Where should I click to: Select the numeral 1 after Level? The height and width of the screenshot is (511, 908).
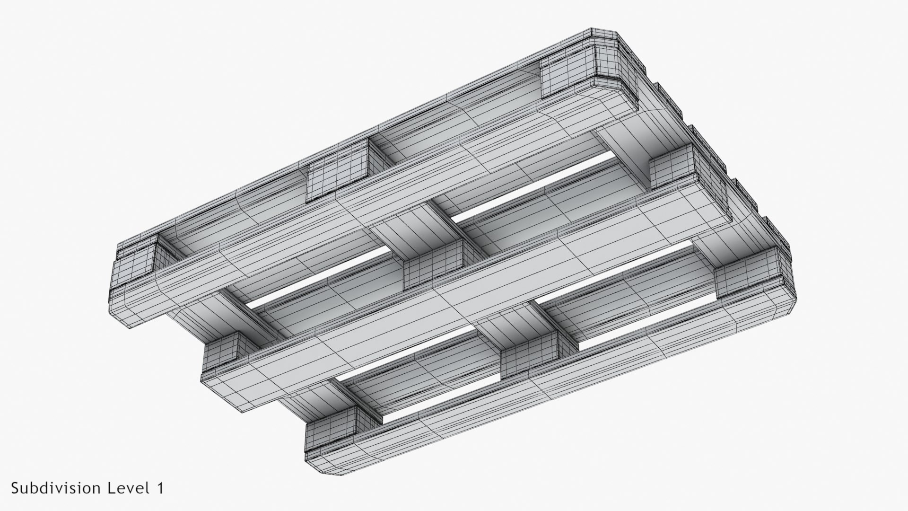(x=159, y=488)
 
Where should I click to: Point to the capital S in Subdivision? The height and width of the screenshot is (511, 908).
(x=16, y=488)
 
